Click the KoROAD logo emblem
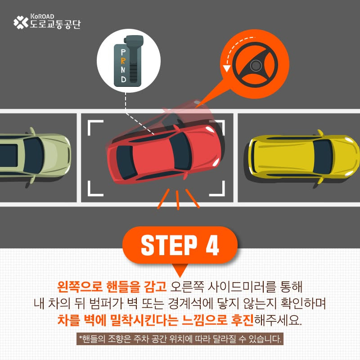click(21, 22)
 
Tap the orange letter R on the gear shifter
click(123, 61)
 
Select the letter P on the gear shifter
click(123, 52)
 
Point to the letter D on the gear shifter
click(123, 79)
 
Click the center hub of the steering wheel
click(256, 66)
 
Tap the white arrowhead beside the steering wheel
click(227, 68)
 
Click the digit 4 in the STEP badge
click(212, 245)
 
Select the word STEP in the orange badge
click(169, 245)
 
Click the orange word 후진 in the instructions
click(242, 320)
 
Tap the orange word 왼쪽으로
click(80, 286)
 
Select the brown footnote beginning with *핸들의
click(180, 339)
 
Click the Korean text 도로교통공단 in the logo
click(55, 24)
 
